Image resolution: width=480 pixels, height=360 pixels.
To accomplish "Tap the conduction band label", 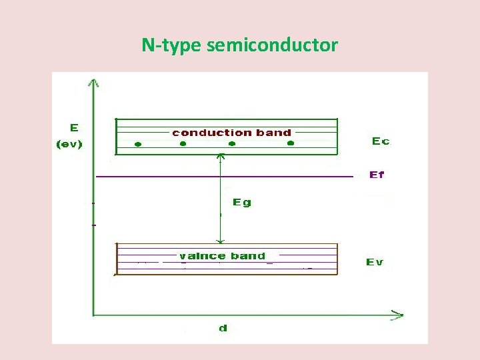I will (232, 133).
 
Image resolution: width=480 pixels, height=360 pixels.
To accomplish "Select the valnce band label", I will (222, 256).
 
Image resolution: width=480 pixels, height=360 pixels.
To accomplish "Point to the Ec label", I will (381, 141).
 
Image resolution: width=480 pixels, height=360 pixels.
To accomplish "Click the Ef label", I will (377, 175).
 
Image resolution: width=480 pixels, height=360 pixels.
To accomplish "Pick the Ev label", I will (375, 262).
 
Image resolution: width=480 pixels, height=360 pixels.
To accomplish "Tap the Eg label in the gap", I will (242, 202).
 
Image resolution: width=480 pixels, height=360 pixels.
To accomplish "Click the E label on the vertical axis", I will (73, 127).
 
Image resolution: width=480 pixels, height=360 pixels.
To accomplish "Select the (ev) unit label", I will (69, 143).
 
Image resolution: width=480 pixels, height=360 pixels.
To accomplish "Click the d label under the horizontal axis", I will (223, 328).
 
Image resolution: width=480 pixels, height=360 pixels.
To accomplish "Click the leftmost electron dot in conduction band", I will (137, 144).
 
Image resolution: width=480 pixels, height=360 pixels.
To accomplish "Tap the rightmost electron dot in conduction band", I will (290, 143).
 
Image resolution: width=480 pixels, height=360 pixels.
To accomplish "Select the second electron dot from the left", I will (183, 144).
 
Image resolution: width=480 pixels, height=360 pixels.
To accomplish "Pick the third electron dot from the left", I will (231, 144).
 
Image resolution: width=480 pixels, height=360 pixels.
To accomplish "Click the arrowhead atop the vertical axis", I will (94, 83).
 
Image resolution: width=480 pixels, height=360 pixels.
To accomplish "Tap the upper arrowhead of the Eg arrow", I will (221, 158).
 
